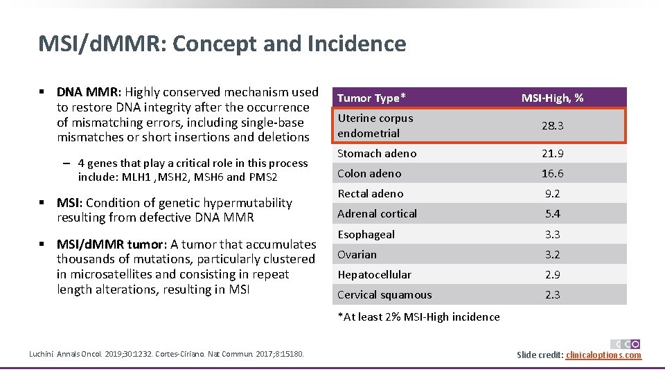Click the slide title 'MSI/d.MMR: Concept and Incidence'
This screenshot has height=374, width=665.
(x=222, y=44)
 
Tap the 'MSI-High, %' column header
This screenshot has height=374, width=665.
(x=552, y=98)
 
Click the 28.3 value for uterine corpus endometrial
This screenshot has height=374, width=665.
(x=552, y=126)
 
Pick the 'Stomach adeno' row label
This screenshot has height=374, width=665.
(x=377, y=153)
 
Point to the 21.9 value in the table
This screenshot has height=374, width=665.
(x=552, y=153)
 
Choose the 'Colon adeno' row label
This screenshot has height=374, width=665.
(x=369, y=173)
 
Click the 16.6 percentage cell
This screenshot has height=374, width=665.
(x=552, y=173)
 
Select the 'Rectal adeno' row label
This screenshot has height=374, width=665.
(x=370, y=193)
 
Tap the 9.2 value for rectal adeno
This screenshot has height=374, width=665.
(x=552, y=193)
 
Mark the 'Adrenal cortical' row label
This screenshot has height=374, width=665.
(x=377, y=213)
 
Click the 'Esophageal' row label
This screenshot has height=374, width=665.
(x=366, y=234)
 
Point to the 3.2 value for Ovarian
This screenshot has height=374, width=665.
(x=552, y=254)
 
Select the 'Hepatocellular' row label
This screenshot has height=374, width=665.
(x=374, y=274)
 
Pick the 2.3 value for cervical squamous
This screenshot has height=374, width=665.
(x=552, y=294)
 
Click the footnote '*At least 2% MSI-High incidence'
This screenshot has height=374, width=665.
(x=418, y=317)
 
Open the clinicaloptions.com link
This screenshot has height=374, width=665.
(x=603, y=355)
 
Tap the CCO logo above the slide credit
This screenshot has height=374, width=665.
(x=625, y=344)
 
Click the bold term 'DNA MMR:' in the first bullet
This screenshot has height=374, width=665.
(x=89, y=92)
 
